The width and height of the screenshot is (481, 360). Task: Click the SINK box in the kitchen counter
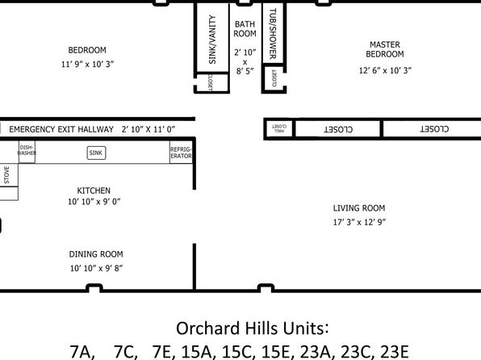point(96,153)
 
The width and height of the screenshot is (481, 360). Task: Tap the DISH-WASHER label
point(27,150)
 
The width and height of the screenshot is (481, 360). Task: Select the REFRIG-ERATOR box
point(181,153)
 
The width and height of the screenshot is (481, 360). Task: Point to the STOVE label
point(6,174)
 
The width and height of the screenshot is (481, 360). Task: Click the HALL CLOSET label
point(279,128)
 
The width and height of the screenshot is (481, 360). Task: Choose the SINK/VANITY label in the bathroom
point(212,40)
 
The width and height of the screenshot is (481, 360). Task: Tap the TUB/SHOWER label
point(273,33)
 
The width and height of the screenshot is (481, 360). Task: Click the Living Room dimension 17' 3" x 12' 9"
point(359,222)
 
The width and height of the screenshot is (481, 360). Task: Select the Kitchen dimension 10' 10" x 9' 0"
point(94,202)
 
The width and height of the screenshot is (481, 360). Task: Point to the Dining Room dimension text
point(96,268)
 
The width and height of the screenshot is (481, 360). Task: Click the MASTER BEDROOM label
point(385,49)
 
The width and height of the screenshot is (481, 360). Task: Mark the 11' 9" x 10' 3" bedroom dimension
point(88,64)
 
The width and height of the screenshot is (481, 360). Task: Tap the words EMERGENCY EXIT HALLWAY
point(61,129)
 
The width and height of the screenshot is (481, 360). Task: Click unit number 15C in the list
point(239,352)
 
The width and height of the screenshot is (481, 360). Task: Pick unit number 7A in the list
point(82,352)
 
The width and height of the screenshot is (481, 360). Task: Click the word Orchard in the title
point(208,328)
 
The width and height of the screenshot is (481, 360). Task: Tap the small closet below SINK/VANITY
point(212,82)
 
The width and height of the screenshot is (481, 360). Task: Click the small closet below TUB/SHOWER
point(274,78)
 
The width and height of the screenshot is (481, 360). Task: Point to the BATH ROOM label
point(245,29)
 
